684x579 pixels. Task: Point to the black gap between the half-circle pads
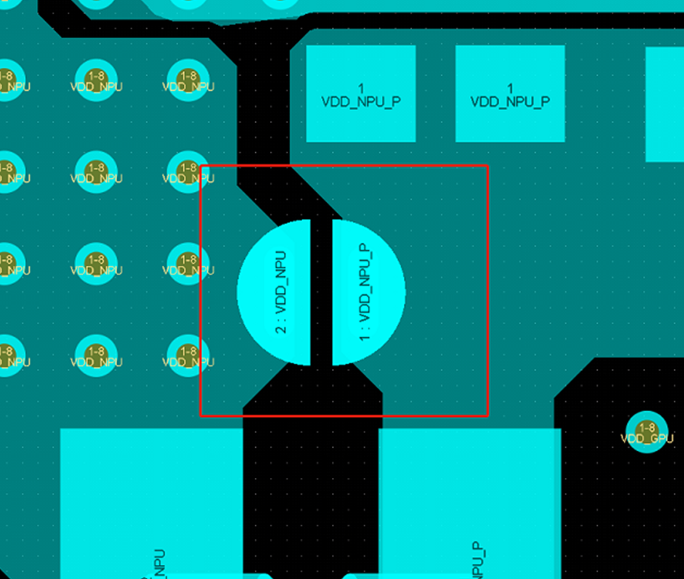[321, 292]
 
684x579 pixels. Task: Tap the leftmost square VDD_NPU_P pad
[360, 93]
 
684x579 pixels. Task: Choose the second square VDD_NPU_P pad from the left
[509, 93]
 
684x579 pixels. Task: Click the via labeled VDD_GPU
[646, 432]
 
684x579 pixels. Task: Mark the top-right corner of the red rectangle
[487, 165]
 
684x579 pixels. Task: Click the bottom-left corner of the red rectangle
[201, 415]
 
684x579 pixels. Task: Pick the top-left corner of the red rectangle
[201, 165]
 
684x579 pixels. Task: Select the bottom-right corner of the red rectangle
[487, 415]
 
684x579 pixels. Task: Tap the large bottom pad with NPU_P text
[468, 501]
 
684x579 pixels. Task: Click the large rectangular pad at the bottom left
[151, 501]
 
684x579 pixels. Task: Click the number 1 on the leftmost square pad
[360, 89]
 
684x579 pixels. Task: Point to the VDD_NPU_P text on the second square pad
[509, 102]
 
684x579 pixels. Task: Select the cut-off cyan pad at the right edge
[666, 104]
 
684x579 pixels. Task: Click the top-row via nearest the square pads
[187, 79]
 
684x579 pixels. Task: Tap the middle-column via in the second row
[95, 171]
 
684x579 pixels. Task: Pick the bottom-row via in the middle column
[95, 355]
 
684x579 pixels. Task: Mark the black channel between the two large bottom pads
[310, 501]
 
